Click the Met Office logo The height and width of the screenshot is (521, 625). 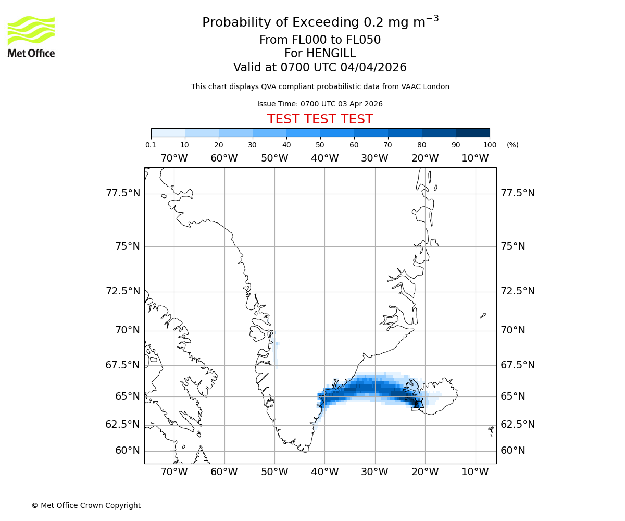(31, 36)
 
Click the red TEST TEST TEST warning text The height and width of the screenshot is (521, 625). (320, 119)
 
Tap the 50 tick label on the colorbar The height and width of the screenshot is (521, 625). (320, 145)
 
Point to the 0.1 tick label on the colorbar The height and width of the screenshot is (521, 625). (151, 145)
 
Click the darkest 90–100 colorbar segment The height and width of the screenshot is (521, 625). (472, 132)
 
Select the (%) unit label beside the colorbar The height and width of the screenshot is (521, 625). (512, 145)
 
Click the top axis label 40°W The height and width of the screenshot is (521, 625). (324, 158)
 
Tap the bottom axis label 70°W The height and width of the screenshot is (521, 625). (174, 472)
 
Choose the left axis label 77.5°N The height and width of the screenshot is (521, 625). (123, 193)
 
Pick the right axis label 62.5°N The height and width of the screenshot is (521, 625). (518, 425)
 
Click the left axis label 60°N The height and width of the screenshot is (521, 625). (127, 451)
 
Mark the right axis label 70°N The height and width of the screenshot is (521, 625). (513, 330)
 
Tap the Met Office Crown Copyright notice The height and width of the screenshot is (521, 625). (86, 505)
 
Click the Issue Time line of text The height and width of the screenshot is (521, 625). (320, 104)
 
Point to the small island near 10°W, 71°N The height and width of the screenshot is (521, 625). (483, 315)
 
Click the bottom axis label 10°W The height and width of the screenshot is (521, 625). (475, 472)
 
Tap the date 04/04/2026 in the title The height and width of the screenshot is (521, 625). (373, 67)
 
